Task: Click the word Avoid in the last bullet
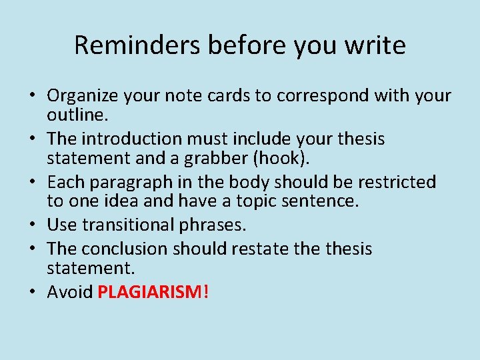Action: coord(70,292)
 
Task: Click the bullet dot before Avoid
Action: coord(33,293)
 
